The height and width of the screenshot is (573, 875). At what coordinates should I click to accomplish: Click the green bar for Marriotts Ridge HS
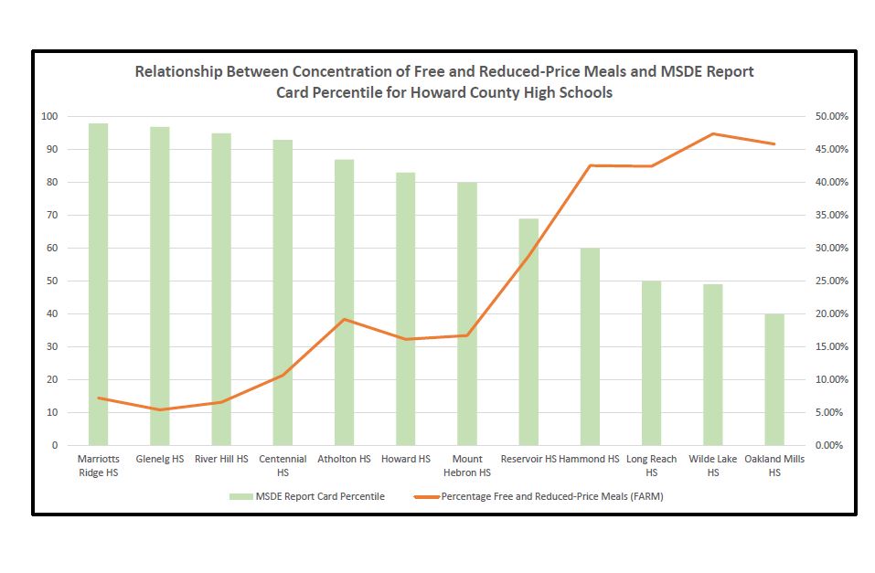(x=99, y=284)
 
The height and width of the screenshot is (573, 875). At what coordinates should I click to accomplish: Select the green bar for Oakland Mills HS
(x=774, y=379)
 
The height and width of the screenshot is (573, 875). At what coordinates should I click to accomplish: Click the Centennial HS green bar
(x=283, y=292)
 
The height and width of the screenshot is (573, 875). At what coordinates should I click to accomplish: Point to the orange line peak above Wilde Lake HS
(x=712, y=133)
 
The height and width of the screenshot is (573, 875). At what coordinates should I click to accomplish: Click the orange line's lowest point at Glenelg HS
(x=160, y=409)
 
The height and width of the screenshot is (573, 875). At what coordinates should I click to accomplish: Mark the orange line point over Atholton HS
(x=344, y=319)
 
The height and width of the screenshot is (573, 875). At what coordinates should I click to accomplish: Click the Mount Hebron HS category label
(x=466, y=465)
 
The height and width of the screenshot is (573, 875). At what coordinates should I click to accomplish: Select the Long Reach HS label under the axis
(x=651, y=465)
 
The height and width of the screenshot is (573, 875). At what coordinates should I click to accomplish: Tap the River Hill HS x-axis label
(x=221, y=459)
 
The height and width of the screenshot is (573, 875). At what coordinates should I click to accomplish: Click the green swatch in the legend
(x=240, y=496)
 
